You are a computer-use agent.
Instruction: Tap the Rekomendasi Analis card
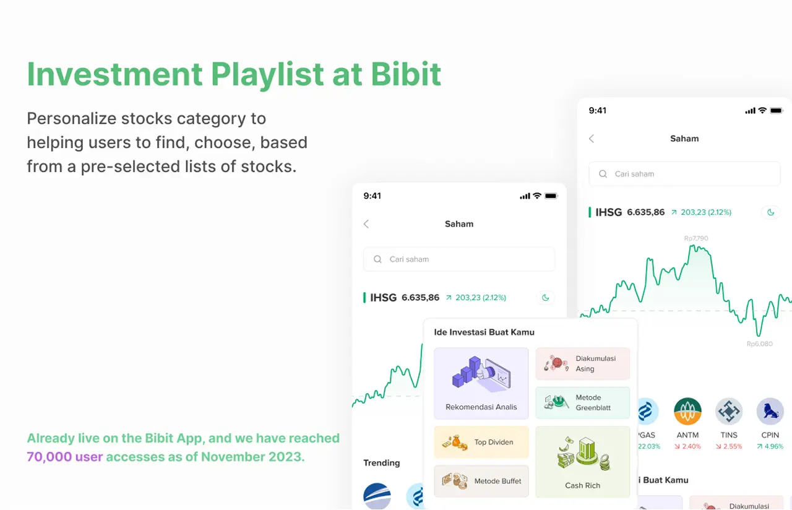(481, 384)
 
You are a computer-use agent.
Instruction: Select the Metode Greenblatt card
(582, 403)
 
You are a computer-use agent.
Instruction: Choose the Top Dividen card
(481, 442)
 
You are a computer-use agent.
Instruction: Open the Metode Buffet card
(481, 481)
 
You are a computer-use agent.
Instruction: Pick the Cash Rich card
(582, 462)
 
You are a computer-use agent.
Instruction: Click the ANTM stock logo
(687, 412)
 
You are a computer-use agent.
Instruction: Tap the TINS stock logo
(729, 412)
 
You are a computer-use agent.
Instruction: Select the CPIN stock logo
(770, 412)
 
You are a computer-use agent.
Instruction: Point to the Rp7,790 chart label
(696, 238)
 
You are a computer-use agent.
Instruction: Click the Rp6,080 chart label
(759, 344)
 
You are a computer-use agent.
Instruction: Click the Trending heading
(381, 463)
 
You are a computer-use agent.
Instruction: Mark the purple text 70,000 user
(64, 457)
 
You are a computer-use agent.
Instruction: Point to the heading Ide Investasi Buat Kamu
(484, 332)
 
